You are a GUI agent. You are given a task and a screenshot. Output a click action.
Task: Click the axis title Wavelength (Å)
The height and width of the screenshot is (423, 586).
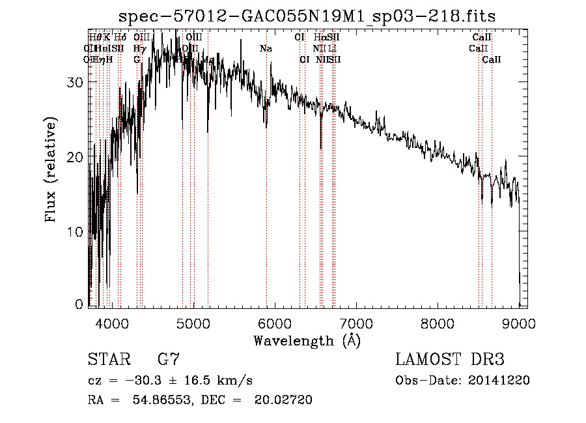pos(307,340)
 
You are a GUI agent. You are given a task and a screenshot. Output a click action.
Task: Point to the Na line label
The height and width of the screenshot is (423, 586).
pos(266,49)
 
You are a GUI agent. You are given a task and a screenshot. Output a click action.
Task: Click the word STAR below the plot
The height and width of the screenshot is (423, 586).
pos(109,359)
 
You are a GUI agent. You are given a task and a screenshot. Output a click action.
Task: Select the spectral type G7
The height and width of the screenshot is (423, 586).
pos(168,359)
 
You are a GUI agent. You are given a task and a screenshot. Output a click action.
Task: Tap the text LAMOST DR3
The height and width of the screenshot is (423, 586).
pos(450,360)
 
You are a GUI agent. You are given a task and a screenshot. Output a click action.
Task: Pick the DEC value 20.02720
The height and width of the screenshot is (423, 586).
pos(286,400)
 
